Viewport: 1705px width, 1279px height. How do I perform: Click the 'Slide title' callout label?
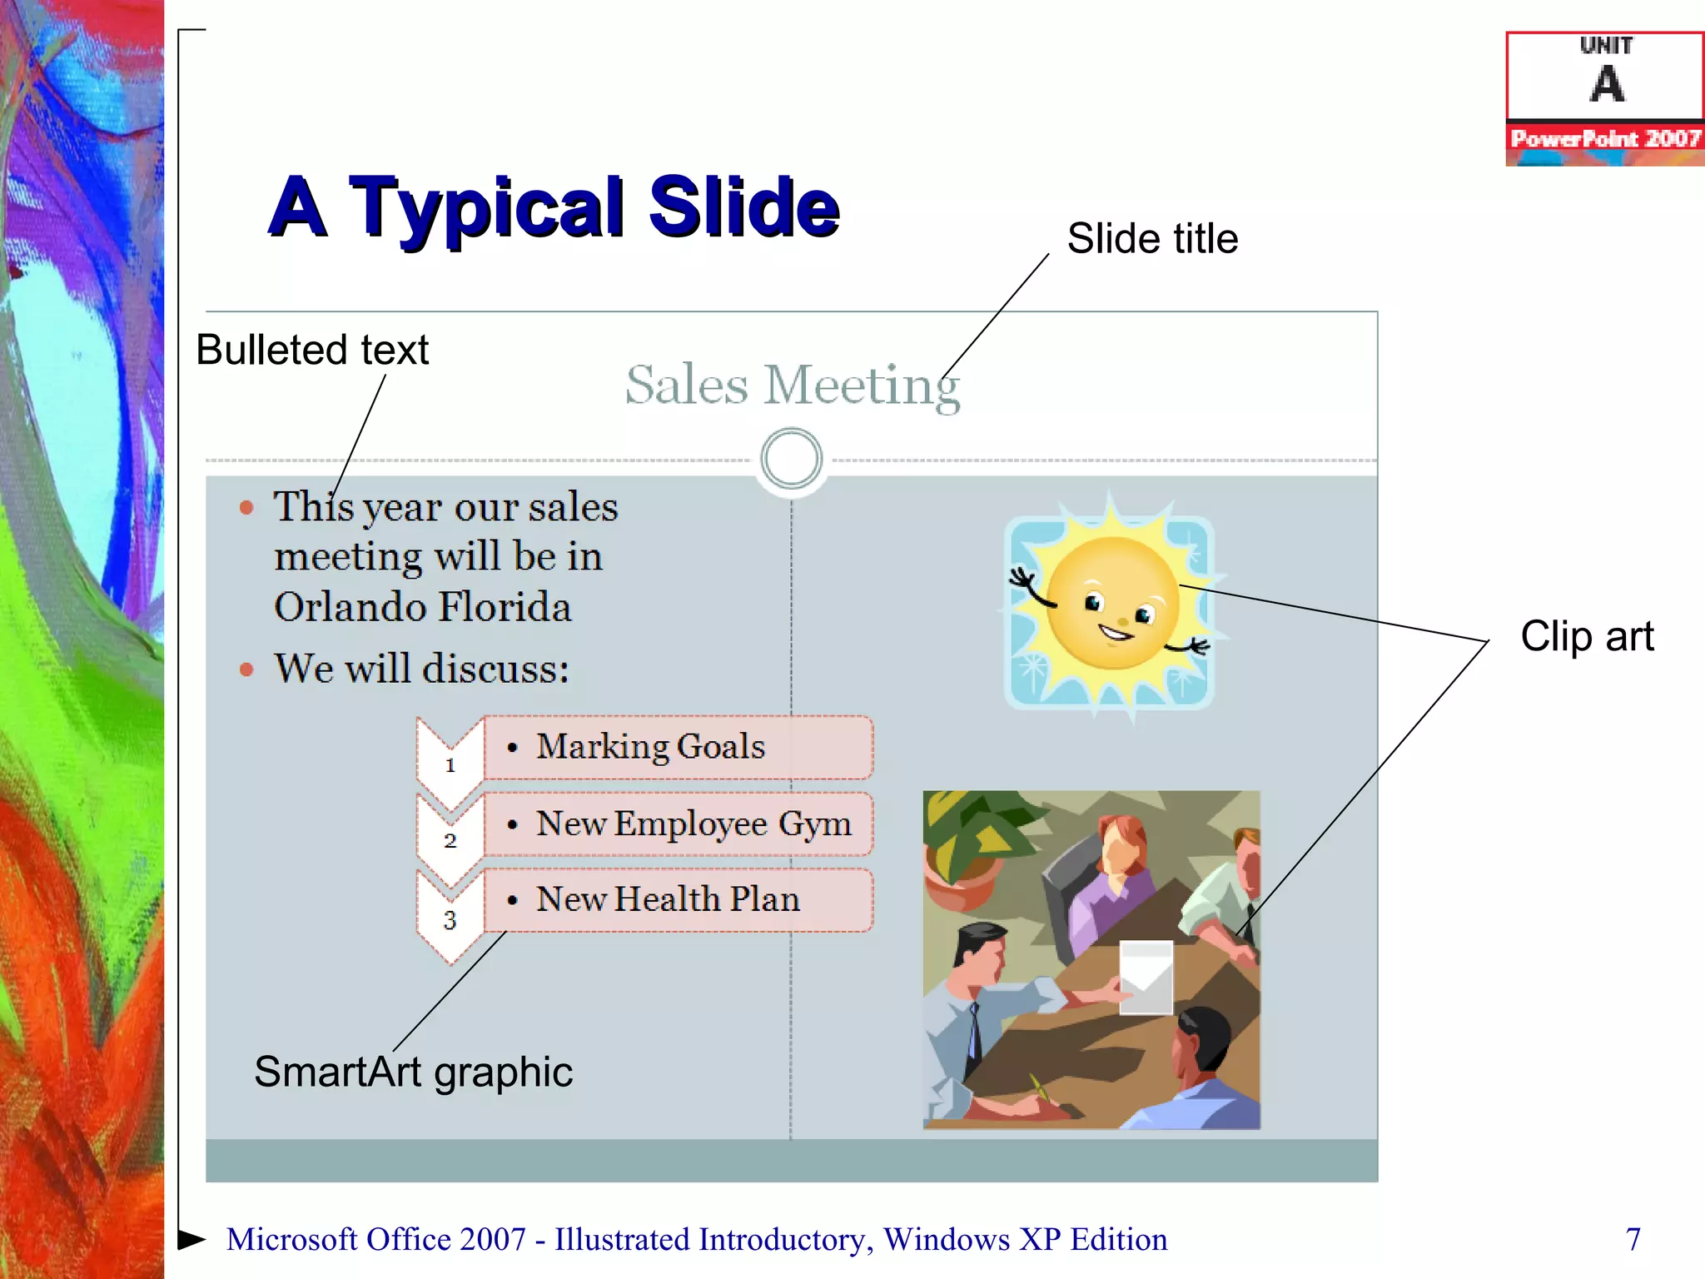tap(1152, 240)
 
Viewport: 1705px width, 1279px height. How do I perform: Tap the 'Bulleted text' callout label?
tap(312, 350)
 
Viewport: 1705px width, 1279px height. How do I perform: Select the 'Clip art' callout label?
tap(1587, 637)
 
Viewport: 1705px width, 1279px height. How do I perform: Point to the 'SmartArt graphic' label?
tap(413, 1072)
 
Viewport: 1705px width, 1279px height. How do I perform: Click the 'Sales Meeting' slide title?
tap(792, 386)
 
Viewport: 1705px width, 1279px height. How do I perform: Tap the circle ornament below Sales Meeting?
tap(791, 459)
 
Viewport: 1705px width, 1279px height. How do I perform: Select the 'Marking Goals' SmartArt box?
tap(678, 747)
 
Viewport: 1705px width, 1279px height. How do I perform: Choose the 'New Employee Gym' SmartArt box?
tap(678, 824)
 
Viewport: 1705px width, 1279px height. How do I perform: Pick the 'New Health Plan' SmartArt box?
tap(678, 900)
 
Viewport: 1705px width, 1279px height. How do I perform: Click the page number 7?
tap(1633, 1239)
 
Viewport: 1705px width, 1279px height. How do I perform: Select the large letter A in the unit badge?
tap(1607, 85)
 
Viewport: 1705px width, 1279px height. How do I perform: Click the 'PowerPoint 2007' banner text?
tap(1605, 138)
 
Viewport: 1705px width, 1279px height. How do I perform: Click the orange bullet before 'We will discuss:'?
tap(246, 669)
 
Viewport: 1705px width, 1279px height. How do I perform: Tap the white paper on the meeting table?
tap(1146, 976)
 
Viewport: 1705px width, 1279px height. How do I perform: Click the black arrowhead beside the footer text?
tap(192, 1239)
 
